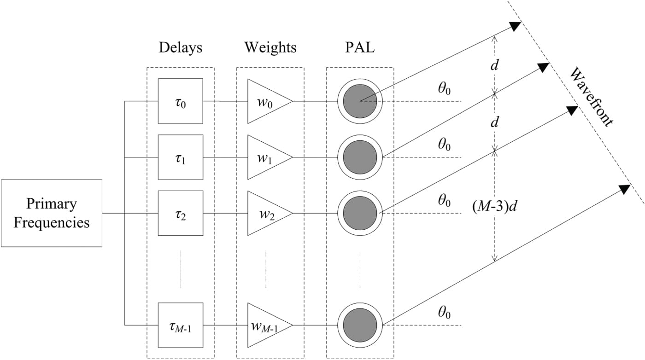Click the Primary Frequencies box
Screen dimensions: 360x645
tap(51, 213)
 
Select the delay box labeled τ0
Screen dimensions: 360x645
tap(180, 101)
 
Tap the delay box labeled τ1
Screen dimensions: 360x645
tap(180, 157)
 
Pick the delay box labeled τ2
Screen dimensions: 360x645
tap(180, 214)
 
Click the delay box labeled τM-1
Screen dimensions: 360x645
tap(180, 325)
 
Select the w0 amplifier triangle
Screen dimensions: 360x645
tap(266, 101)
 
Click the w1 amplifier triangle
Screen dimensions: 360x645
tap(266, 157)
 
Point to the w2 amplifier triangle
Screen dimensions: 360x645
tap(266, 214)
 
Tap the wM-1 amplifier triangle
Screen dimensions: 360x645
tap(266, 325)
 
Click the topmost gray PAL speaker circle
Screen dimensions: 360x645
tap(360, 100)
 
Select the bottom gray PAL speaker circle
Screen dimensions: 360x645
tap(360, 325)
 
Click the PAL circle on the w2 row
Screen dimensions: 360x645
tap(360, 214)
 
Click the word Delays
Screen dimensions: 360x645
tap(180, 47)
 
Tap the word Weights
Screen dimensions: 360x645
tap(270, 47)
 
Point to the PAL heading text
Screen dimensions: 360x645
tap(360, 47)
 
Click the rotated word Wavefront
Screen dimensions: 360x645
tap(592, 98)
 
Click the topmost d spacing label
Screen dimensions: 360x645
tap(494, 65)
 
